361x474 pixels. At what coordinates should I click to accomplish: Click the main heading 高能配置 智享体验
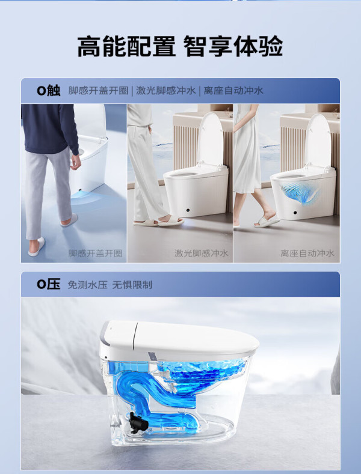click(180, 46)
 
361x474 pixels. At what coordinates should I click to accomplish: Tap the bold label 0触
click(49, 90)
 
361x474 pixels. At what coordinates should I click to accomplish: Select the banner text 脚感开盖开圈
click(99, 90)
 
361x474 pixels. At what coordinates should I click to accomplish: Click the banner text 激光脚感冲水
click(166, 90)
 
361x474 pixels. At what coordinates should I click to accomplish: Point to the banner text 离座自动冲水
click(233, 90)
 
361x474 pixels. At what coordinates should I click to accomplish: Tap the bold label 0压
click(49, 285)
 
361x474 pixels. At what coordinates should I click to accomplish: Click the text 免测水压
click(87, 285)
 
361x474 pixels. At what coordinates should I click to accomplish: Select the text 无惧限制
click(132, 285)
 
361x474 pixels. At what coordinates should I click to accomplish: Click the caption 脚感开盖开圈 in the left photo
click(96, 254)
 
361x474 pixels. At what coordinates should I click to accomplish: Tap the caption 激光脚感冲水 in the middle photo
click(201, 254)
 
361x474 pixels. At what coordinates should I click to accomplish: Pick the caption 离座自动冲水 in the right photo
click(307, 254)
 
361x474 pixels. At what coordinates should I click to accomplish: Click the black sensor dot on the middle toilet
click(188, 210)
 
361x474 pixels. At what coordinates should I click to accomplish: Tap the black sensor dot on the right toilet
click(295, 213)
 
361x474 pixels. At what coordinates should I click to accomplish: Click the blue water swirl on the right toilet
click(299, 192)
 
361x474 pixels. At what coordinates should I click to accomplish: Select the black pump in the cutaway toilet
click(138, 421)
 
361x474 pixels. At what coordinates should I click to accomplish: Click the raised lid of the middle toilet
click(211, 139)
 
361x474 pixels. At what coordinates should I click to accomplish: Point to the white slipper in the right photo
click(267, 222)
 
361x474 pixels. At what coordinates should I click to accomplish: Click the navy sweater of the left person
click(50, 128)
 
